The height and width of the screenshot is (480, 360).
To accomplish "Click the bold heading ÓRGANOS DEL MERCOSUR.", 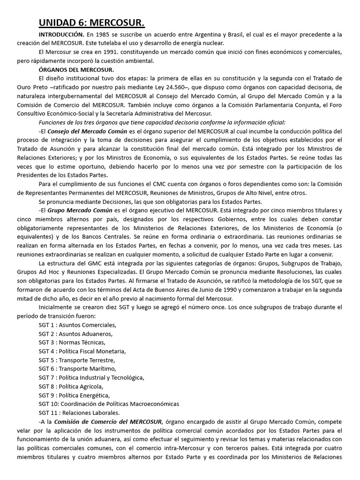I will (76, 69).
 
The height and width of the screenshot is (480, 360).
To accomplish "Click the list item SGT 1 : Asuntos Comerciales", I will (78, 324).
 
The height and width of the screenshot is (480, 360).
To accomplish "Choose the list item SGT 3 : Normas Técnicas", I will (72, 342).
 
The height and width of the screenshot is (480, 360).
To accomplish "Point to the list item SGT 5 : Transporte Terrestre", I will (77, 360).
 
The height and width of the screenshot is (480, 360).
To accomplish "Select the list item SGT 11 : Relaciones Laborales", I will (79, 412).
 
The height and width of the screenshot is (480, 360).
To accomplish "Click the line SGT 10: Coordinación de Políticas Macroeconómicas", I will (109, 404).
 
